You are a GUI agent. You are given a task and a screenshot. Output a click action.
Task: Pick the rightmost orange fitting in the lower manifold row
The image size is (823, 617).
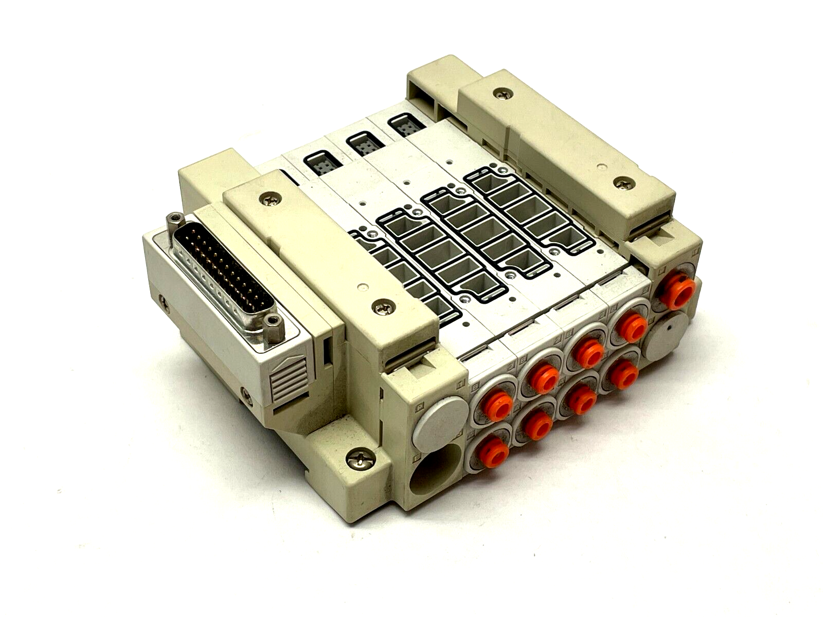click(x=623, y=373)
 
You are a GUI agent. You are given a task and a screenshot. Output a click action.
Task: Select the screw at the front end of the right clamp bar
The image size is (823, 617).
click(x=624, y=182)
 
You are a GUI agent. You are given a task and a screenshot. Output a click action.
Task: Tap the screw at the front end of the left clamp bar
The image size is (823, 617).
click(x=380, y=308)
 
